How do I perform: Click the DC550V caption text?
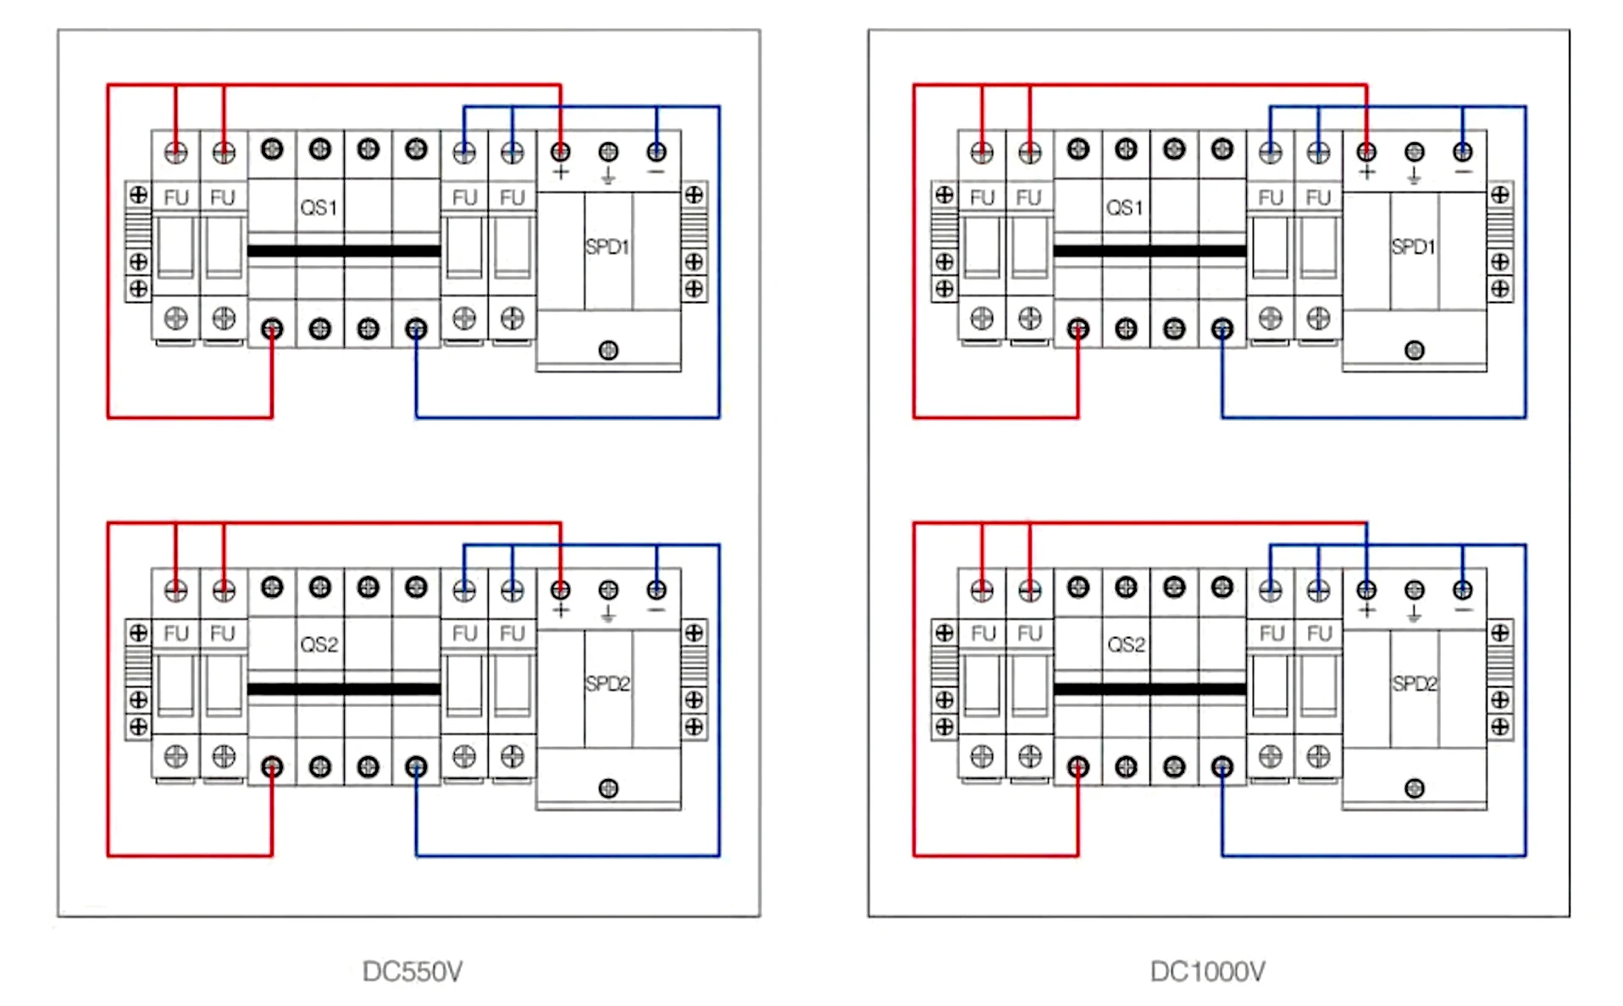pyautogui.click(x=412, y=971)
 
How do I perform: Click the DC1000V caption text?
pyautogui.click(x=1207, y=971)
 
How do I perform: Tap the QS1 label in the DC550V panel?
pyautogui.click(x=319, y=207)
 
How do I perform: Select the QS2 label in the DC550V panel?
pyautogui.click(x=319, y=645)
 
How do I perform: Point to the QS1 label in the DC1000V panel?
pyautogui.click(x=1124, y=207)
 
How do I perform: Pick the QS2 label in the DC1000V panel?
pyautogui.click(x=1126, y=645)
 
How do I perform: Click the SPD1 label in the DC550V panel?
pyautogui.click(x=607, y=247)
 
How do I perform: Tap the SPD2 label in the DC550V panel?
pyautogui.click(x=607, y=684)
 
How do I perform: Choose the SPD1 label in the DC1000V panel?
pyautogui.click(x=1413, y=247)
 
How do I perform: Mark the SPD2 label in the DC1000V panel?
pyautogui.click(x=1415, y=684)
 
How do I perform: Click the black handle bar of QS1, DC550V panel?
pyautogui.click(x=344, y=251)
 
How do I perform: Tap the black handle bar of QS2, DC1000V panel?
pyautogui.click(x=1149, y=689)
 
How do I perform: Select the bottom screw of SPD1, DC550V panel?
pyautogui.click(x=608, y=350)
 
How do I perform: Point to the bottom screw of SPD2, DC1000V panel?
pyautogui.click(x=1414, y=788)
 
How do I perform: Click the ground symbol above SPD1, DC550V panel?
pyautogui.click(x=608, y=177)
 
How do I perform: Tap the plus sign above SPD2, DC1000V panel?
pyautogui.click(x=1366, y=611)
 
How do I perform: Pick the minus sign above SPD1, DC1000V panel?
pyautogui.click(x=1463, y=173)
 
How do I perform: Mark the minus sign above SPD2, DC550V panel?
pyautogui.click(x=656, y=611)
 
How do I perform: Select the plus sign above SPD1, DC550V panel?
pyautogui.click(x=561, y=173)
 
